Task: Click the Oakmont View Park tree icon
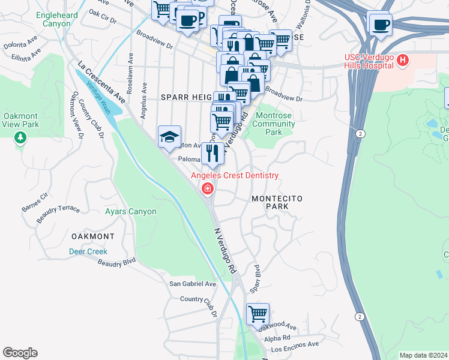pos(20,139)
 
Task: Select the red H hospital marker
pos(403,61)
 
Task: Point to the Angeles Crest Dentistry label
pos(235,175)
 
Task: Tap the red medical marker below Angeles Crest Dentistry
pos(208,190)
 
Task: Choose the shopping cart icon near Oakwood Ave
pos(258,313)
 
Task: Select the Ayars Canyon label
pos(131,211)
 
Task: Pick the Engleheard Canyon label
pos(61,19)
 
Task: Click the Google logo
pos(20,353)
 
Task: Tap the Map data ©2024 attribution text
pos(423,355)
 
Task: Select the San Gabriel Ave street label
pos(192,284)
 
